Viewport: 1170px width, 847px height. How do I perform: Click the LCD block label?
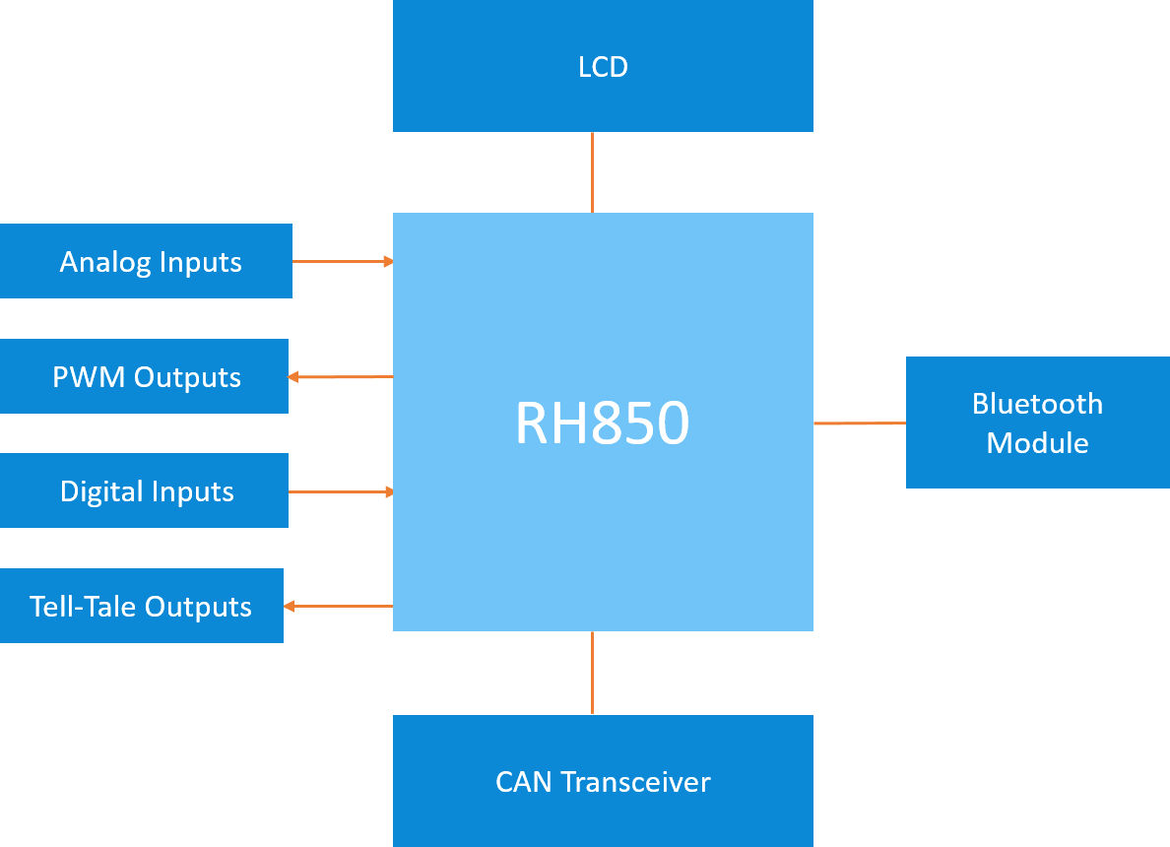point(603,67)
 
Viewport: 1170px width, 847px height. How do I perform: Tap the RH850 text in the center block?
point(602,423)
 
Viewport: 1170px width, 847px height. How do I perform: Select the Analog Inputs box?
point(146,261)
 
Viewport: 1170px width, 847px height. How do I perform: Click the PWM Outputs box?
point(144,376)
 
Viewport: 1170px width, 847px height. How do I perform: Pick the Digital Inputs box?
point(144,490)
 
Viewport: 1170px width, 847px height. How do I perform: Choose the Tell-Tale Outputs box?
point(141,606)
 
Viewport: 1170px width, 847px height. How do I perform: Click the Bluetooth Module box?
point(1037,423)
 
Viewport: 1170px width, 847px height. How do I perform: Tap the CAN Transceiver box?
point(603,781)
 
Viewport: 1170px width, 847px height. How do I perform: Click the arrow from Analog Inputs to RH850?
point(343,261)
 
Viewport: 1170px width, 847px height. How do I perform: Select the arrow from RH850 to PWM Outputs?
point(341,376)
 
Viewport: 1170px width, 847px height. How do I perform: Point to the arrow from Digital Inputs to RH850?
point(341,491)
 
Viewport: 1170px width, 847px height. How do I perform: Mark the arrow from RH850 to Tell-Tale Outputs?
point(338,606)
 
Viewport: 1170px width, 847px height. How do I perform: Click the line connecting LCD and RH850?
point(592,172)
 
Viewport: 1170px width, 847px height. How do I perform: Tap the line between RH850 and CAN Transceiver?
point(592,673)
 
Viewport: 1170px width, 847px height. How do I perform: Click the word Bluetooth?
point(1037,404)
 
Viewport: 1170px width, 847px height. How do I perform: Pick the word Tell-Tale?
point(83,607)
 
